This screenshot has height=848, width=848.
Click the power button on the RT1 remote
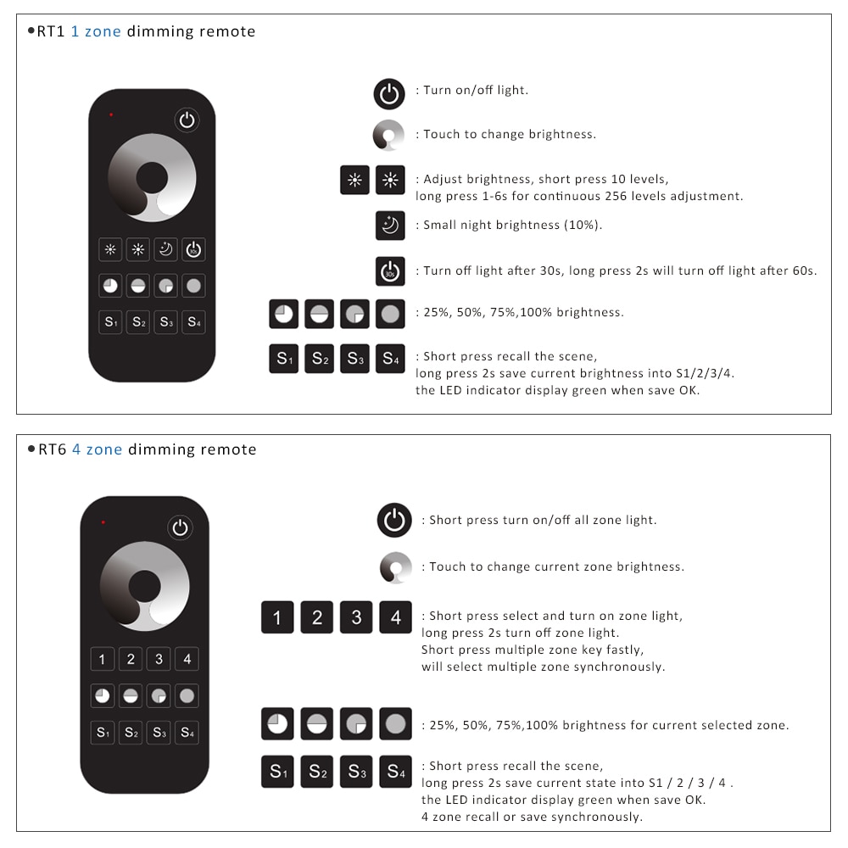(187, 120)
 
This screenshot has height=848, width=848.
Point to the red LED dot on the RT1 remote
(111, 114)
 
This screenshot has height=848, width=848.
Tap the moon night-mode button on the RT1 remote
(166, 249)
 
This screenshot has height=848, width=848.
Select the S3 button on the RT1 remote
(166, 322)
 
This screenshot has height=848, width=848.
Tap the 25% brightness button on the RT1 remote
(110, 286)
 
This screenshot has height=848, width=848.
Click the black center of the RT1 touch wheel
(152, 177)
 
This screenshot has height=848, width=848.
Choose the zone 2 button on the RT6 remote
(131, 659)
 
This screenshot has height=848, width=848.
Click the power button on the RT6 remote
(180, 527)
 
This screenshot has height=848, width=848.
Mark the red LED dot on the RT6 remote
(103, 522)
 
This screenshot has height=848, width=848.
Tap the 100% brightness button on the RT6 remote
(187, 696)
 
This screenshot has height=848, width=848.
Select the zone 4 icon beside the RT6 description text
(395, 617)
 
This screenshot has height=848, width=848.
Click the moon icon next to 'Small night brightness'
(390, 226)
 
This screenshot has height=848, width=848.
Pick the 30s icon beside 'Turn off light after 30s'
(390, 271)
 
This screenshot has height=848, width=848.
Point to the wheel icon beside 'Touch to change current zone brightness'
(395, 567)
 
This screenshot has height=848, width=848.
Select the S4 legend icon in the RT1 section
(390, 359)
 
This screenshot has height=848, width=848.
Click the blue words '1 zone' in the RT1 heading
(96, 31)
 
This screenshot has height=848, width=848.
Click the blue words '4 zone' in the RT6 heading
(97, 449)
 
